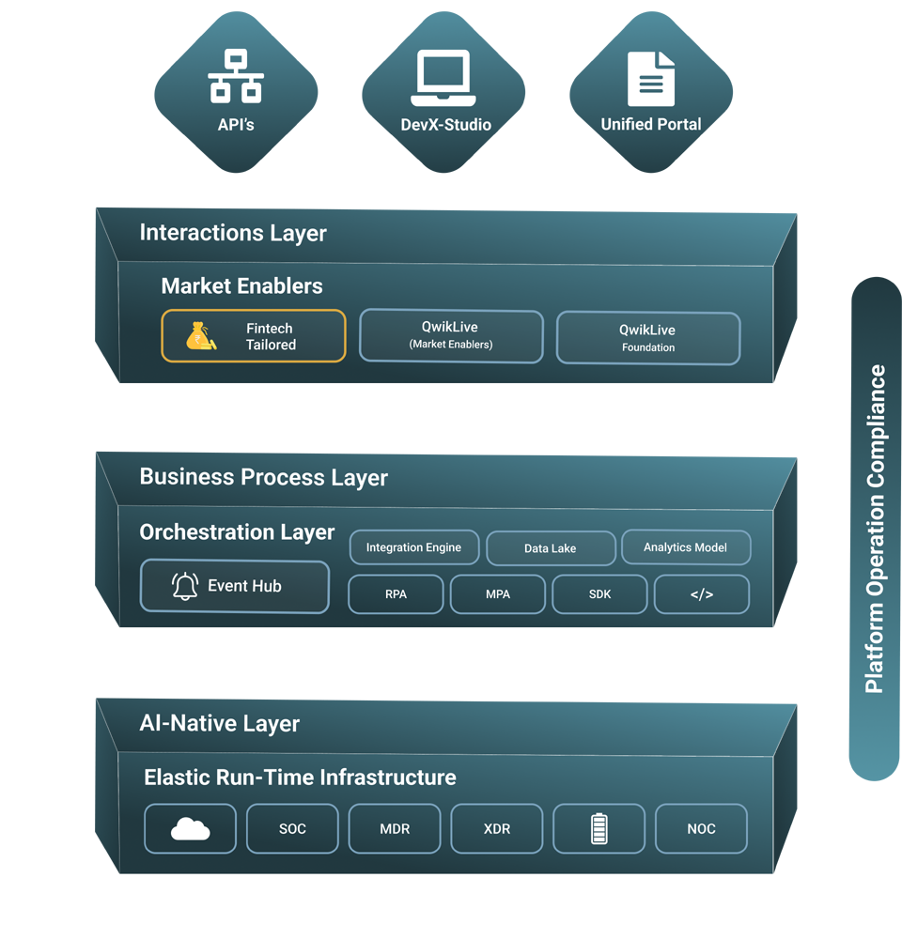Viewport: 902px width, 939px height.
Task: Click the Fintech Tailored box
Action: point(254,336)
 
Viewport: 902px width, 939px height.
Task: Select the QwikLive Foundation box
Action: point(648,338)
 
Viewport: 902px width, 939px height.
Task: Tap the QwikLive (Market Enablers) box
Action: point(451,336)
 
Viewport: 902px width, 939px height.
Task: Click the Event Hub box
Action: point(235,586)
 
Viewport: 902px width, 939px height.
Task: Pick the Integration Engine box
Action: point(413,547)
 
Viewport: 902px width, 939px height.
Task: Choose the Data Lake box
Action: point(550,548)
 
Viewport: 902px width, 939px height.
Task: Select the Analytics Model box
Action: point(685,547)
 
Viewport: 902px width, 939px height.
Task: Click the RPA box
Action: point(396,594)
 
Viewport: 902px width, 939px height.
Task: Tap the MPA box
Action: point(498,594)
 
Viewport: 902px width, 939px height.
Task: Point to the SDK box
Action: point(599,594)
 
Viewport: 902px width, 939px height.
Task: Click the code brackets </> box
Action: point(702,594)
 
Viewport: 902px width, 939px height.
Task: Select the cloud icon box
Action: point(191,828)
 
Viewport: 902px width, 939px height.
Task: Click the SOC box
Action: point(292,828)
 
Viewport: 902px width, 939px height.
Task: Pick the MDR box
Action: point(395,828)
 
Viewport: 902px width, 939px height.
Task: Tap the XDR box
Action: point(497,828)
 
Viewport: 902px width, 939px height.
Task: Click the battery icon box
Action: point(599,828)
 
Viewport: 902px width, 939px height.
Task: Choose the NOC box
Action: point(701,828)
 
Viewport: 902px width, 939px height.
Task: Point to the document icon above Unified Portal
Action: point(651,79)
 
